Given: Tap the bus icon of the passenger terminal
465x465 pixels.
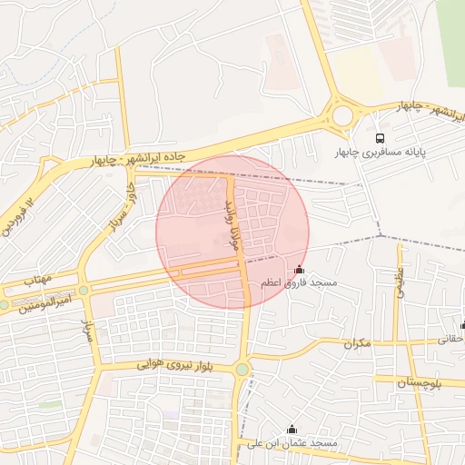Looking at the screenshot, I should (379, 138).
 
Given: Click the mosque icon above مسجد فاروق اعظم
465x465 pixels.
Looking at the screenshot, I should (300, 270).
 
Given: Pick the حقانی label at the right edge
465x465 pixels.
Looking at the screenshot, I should (451, 338).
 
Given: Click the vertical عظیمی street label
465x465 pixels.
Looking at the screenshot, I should (401, 282).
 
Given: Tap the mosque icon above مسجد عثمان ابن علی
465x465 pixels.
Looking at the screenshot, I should (292, 430).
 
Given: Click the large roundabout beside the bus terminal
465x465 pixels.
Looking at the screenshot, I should (343, 115).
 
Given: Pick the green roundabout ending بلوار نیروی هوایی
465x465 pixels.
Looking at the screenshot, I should (242, 369).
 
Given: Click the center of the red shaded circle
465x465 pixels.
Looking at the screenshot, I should (232, 232).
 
